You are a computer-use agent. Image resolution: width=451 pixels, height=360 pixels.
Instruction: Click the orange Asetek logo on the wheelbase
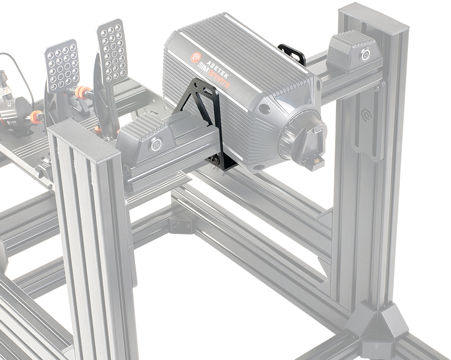(x=195, y=57)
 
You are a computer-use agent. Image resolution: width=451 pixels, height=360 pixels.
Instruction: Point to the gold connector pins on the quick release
(x=315, y=160)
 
